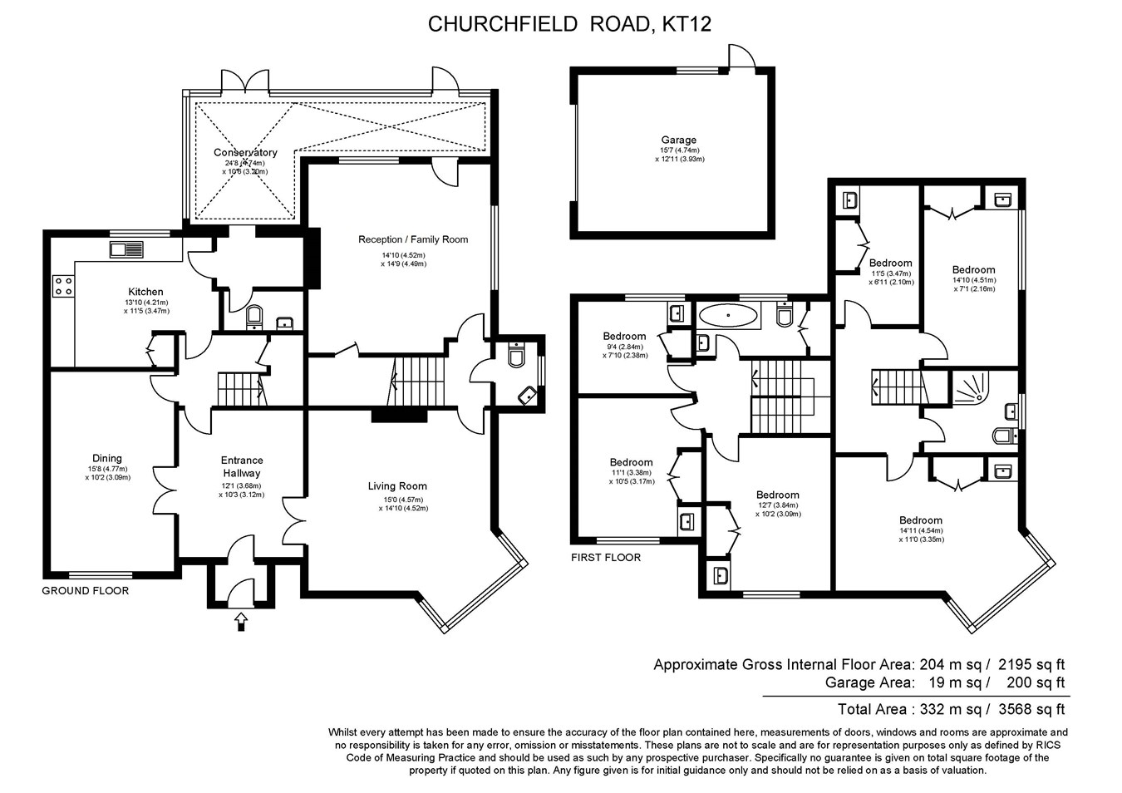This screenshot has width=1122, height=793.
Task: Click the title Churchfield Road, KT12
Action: click(x=568, y=24)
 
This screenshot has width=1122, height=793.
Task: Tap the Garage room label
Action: click(x=679, y=140)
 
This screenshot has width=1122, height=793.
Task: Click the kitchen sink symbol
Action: click(x=125, y=249)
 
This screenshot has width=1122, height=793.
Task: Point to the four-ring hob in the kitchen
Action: click(x=63, y=286)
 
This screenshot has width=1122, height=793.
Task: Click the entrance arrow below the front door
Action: click(x=241, y=620)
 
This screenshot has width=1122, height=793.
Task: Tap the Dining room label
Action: click(x=107, y=458)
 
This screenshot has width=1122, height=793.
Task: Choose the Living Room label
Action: click(x=397, y=486)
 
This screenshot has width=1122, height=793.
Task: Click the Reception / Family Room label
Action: click(x=413, y=239)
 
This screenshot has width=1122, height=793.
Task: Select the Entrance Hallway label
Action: click(x=242, y=466)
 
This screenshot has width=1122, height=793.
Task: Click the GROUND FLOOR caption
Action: click(x=86, y=591)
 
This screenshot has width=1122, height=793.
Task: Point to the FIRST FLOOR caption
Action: click(x=606, y=558)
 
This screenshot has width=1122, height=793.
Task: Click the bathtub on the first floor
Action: click(x=729, y=316)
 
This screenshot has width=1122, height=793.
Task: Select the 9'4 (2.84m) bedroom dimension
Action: click(x=624, y=347)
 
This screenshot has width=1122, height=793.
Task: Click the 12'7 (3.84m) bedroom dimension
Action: click(x=777, y=505)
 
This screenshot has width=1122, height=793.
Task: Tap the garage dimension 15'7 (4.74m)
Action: click(x=679, y=150)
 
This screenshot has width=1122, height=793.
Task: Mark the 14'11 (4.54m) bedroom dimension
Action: click(x=920, y=530)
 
